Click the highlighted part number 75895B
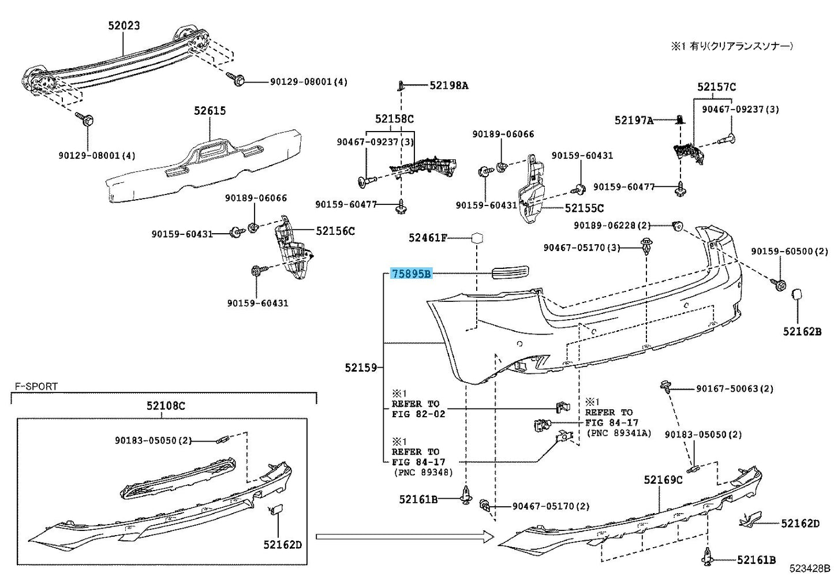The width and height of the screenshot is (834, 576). pos(412,274)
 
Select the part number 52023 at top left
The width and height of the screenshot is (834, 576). pos(124,25)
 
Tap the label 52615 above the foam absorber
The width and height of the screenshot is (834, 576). pos(210,110)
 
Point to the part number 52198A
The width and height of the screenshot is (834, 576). pos(448,85)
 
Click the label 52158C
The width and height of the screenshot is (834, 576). pos(394,119)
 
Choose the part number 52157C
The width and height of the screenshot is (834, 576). pos(716,87)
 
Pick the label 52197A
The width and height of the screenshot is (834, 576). pos(634,120)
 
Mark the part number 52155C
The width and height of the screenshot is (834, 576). pos(584,208)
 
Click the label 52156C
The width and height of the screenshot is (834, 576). pos(335,231)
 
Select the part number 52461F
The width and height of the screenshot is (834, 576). pos(428,237)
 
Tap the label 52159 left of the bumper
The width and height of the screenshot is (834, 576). pos(361,367)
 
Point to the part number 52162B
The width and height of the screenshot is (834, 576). pos(802,331)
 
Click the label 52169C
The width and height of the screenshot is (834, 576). pos(663,480)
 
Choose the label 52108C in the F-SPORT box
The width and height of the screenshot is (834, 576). pos(166,406)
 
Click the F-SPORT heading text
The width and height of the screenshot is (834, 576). pos(36,386)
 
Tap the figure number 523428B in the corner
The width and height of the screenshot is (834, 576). pos(810,568)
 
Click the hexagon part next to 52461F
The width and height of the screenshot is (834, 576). pos(477,238)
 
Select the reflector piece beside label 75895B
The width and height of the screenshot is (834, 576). pos(510,273)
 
